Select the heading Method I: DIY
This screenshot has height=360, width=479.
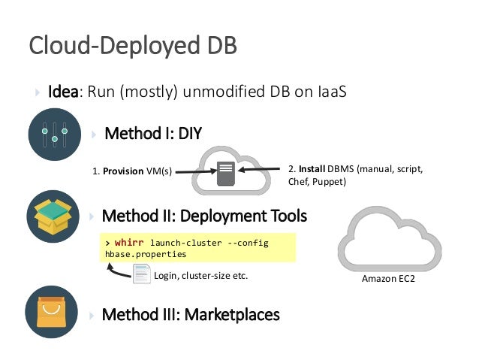(x=152, y=134)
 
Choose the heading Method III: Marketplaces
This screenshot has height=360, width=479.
(x=191, y=314)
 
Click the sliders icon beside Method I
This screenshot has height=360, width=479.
(x=54, y=135)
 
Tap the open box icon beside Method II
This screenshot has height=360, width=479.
(x=54, y=216)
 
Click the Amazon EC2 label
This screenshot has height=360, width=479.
(x=387, y=280)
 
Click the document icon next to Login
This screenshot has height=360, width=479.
(x=141, y=276)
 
